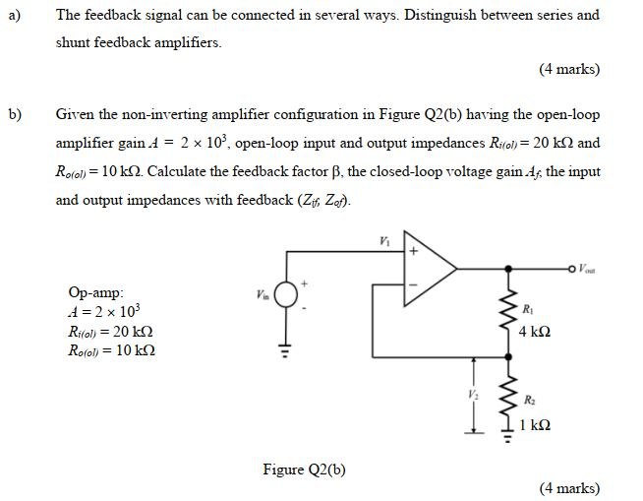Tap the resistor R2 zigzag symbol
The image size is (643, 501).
pyautogui.click(x=510, y=400)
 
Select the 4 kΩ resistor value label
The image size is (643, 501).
pyautogui.click(x=535, y=332)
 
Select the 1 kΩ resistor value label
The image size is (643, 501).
pyautogui.click(x=535, y=425)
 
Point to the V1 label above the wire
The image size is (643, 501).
pyautogui.click(x=383, y=239)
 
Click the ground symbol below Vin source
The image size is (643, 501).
pyautogui.click(x=286, y=346)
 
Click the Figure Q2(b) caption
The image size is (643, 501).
pyautogui.click(x=304, y=469)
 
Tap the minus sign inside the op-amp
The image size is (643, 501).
pyautogui.click(x=413, y=285)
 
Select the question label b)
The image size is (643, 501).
pyautogui.click(x=15, y=115)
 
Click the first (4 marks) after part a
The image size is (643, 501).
pyautogui.click(x=568, y=69)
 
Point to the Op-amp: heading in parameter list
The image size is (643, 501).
pyautogui.click(x=96, y=292)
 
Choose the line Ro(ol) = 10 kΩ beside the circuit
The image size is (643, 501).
pyautogui.click(x=110, y=350)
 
